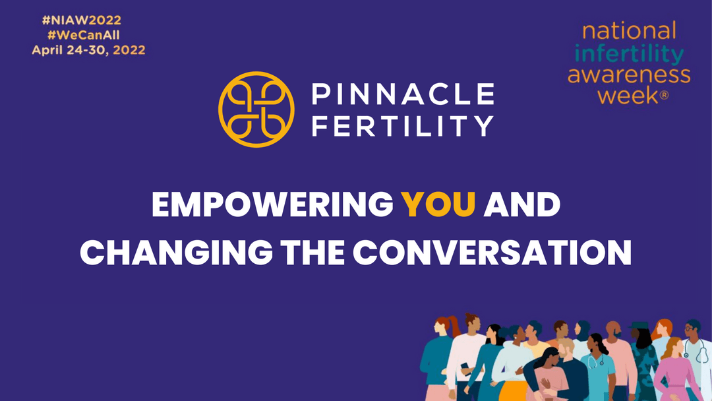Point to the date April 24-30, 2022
pyautogui.click(x=88, y=50)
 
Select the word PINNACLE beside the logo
pyautogui.click(x=403, y=94)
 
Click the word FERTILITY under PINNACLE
pyautogui.click(x=403, y=125)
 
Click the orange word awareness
pyautogui.click(x=629, y=74)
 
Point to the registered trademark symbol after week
pyautogui.click(x=664, y=96)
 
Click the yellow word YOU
pyautogui.click(x=440, y=205)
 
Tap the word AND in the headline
pyautogui.click(x=521, y=205)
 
